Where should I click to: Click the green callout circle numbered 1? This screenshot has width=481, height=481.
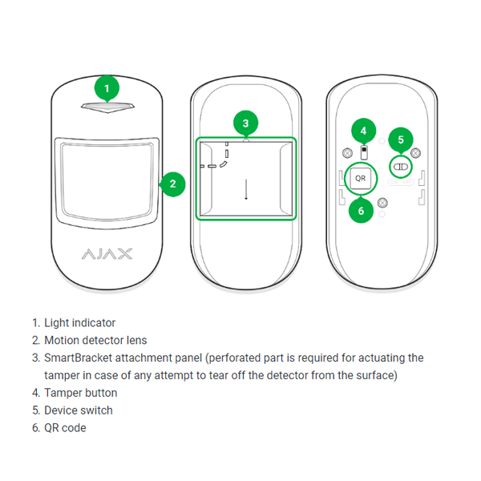(107, 87)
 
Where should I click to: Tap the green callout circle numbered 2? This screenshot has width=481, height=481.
(172, 184)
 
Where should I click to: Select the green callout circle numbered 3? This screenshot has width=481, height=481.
(246, 123)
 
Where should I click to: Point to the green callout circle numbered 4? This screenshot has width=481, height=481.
(363, 130)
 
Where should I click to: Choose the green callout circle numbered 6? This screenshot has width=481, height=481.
(361, 212)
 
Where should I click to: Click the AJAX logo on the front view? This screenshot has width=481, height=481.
(107, 254)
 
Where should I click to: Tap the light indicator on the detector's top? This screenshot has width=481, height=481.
(107, 107)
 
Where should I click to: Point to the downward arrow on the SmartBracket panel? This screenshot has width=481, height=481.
(246, 190)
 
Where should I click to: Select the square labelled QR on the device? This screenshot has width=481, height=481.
(361, 178)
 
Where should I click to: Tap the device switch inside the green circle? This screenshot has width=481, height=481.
(400, 166)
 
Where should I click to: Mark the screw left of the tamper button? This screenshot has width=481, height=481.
(346, 153)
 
